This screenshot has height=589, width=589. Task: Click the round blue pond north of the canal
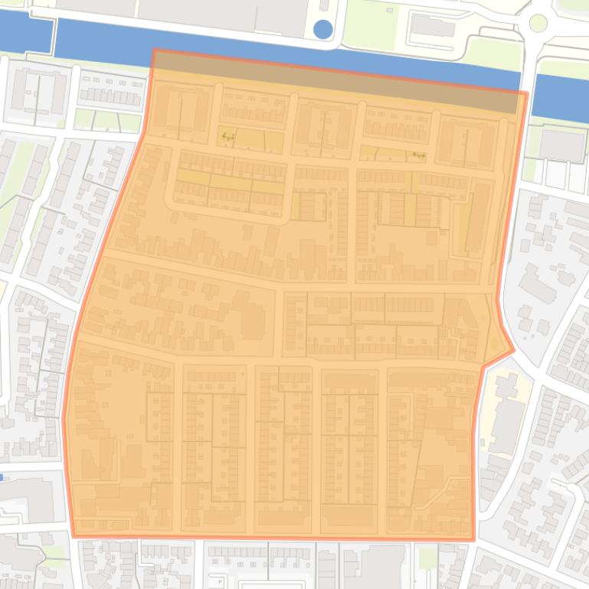(x=323, y=30)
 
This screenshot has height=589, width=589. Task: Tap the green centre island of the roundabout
(x=538, y=23)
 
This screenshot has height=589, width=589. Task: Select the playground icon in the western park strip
(x=226, y=138)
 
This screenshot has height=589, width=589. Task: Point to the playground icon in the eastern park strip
(x=417, y=155)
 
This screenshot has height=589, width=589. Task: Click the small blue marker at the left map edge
(x=2, y=477)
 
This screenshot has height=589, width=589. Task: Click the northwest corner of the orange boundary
(x=154, y=51)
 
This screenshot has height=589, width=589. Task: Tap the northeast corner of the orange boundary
(x=527, y=94)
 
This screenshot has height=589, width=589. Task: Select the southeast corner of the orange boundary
(x=473, y=539)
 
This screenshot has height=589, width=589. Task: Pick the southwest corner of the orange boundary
(x=73, y=535)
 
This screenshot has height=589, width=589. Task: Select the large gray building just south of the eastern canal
(x=561, y=145)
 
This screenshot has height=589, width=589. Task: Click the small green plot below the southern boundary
(x=427, y=556)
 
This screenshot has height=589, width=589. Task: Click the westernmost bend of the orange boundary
(x=64, y=417)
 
